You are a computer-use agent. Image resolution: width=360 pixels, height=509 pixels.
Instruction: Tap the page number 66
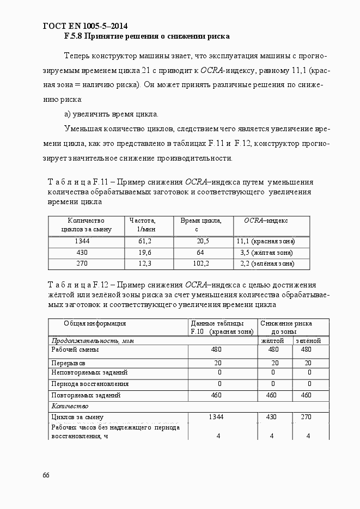(46, 475)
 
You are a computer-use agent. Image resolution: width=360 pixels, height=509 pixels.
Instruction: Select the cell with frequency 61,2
(144, 241)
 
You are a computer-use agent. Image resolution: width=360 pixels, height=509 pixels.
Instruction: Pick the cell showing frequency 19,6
(144, 253)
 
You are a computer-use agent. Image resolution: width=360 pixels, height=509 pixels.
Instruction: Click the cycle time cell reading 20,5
(203, 241)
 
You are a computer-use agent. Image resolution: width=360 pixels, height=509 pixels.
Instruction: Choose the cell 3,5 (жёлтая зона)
(266, 253)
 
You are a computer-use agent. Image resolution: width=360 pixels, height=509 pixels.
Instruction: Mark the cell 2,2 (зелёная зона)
(266, 263)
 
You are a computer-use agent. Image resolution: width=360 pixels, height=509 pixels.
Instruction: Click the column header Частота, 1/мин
(142, 225)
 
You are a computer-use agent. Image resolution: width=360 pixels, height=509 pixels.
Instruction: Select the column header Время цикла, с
(200, 225)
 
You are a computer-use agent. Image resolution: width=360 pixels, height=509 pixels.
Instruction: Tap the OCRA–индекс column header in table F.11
(266, 220)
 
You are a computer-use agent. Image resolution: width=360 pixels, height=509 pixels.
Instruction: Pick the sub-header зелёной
(308, 341)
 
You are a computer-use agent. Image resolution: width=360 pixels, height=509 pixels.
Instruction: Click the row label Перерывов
(68, 363)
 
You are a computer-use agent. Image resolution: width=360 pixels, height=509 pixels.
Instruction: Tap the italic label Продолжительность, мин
(92, 341)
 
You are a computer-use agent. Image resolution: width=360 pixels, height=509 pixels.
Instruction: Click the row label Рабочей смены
(75, 350)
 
